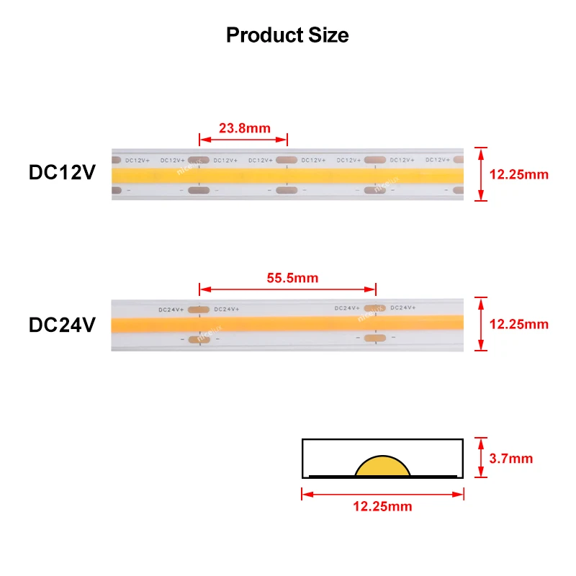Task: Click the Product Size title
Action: point(287,35)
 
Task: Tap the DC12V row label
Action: point(62,174)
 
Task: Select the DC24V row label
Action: point(62,325)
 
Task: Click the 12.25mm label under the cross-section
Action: point(382,507)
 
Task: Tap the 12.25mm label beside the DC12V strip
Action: point(518,174)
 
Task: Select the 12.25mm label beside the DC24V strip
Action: point(518,325)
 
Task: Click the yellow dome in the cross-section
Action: point(382,467)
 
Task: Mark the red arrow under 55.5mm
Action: point(288,289)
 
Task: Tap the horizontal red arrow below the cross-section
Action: point(382,494)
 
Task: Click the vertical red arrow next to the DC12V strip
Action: point(482,174)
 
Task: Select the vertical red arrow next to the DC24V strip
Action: point(482,324)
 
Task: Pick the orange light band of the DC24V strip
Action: point(288,323)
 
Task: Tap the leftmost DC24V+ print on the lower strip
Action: point(171,310)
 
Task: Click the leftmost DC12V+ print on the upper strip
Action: point(136,160)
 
